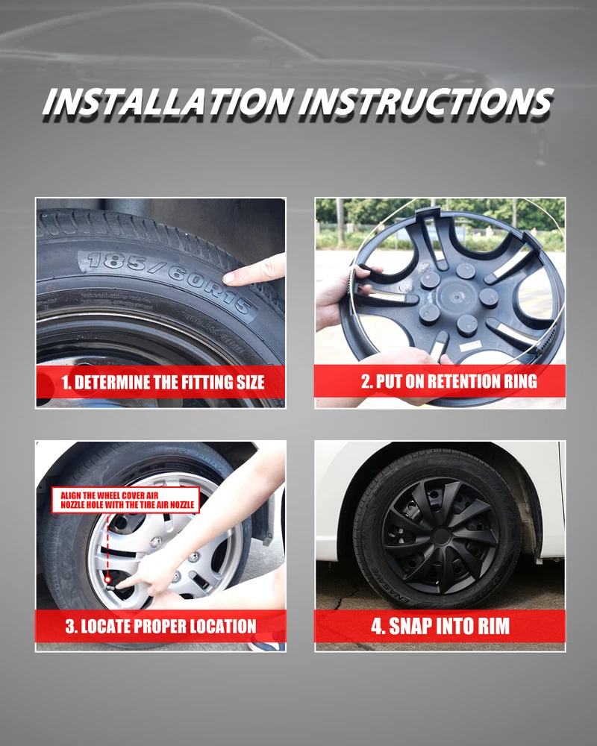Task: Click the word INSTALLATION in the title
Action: click(168, 101)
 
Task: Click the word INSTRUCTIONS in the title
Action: click(426, 101)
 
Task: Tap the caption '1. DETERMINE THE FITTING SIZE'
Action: click(163, 383)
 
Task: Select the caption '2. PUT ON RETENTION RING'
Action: click(449, 381)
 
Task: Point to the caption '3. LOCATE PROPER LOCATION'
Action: click(161, 626)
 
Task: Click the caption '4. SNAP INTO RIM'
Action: click(440, 626)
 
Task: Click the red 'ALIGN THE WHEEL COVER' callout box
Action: click(125, 500)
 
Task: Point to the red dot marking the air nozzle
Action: click(108, 580)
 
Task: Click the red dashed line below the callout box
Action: click(108, 545)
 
